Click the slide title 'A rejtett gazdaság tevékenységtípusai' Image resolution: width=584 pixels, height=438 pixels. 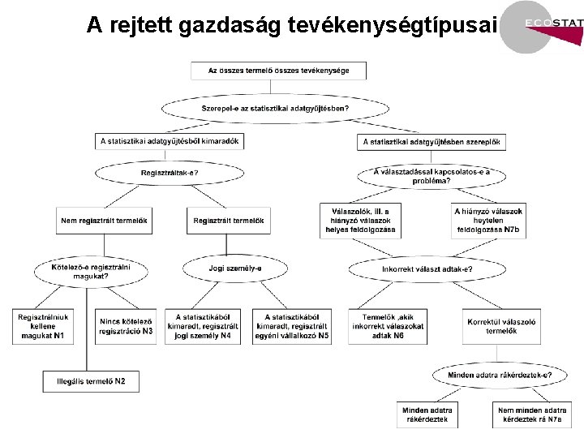pyautogui.click(x=290, y=26)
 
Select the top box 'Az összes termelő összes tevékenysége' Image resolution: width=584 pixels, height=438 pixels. pyautogui.click(x=278, y=71)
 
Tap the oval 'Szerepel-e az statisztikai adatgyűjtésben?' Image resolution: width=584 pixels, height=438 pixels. pyautogui.click(x=276, y=108)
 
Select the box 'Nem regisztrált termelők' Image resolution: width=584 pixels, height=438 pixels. pyautogui.click(x=105, y=221)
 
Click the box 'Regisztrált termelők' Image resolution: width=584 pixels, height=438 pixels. pyautogui.click(x=230, y=221)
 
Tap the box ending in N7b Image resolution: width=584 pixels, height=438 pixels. pyautogui.click(x=487, y=220)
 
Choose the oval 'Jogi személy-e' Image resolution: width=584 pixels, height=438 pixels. pyautogui.click(x=235, y=268)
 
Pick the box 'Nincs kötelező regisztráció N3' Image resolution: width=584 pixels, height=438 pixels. pyautogui.click(x=126, y=326)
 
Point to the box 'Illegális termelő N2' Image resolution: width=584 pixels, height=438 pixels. pyautogui.click(x=91, y=380)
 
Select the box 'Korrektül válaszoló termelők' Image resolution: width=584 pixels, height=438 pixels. pyautogui.click(x=496, y=326)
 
